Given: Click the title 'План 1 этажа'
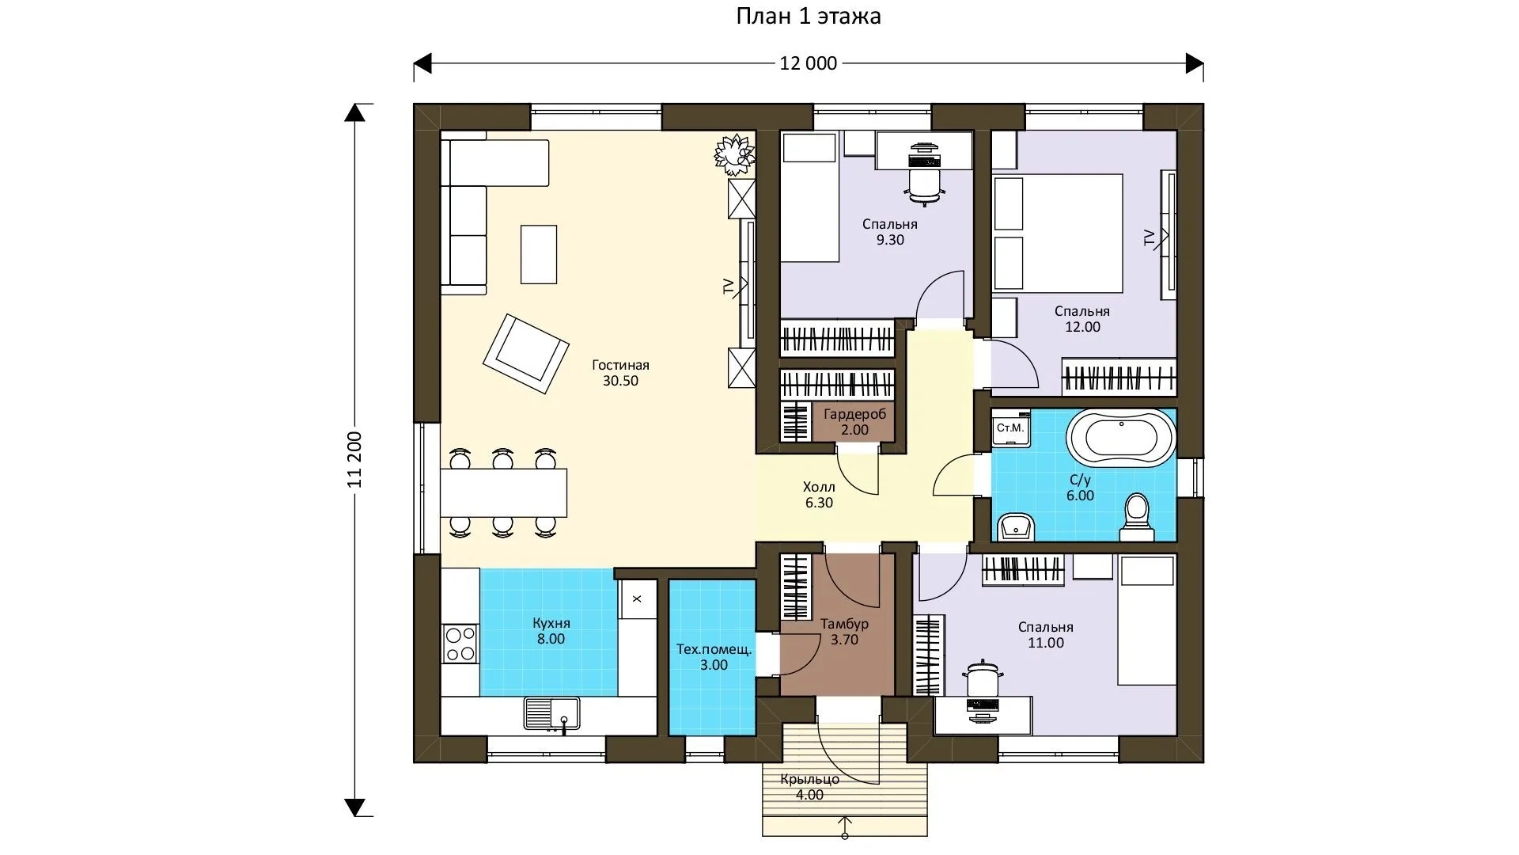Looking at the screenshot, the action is pyautogui.click(x=808, y=17).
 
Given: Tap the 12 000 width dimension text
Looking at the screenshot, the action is pyautogui.click(x=808, y=63).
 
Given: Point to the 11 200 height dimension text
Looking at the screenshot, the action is pyautogui.click(x=354, y=459).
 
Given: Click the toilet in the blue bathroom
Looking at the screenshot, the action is pyautogui.click(x=1136, y=518).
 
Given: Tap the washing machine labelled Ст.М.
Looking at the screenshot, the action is pyautogui.click(x=1010, y=428).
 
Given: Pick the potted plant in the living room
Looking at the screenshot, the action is pyautogui.click(x=735, y=154).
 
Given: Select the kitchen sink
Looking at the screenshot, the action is pyautogui.click(x=551, y=713).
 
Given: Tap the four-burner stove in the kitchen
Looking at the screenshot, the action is pyautogui.click(x=460, y=644).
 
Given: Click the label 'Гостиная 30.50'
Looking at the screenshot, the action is pyautogui.click(x=620, y=373).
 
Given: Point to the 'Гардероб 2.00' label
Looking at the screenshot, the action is pyautogui.click(x=854, y=422).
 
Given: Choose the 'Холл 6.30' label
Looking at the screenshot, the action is pyautogui.click(x=819, y=495).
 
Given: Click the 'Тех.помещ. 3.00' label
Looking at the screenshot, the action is pyautogui.click(x=714, y=657).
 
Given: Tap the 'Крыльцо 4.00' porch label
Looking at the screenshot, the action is pyautogui.click(x=809, y=787).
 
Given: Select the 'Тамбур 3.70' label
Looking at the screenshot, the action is pyautogui.click(x=844, y=632).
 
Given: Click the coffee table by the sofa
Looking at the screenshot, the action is pyautogui.click(x=539, y=254).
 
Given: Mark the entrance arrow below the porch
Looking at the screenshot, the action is pyautogui.click(x=845, y=826).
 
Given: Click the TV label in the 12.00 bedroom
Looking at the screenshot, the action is pyautogui.click(x=1150, y=237).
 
